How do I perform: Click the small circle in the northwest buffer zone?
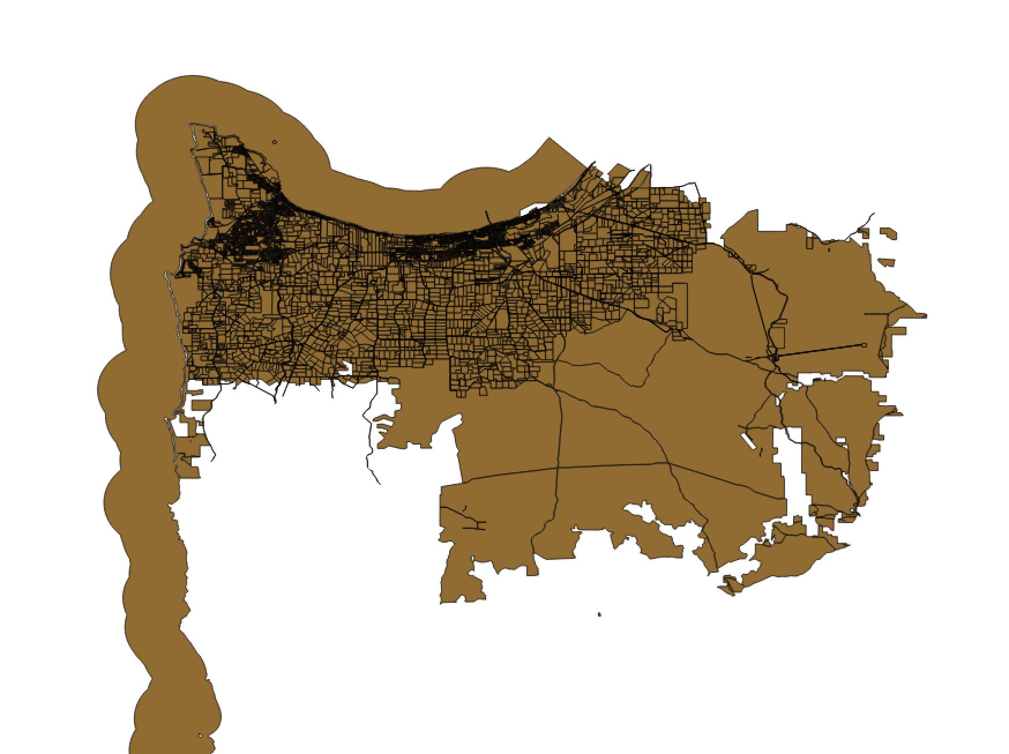pos(274,141)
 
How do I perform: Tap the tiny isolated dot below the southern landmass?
pos(600,614)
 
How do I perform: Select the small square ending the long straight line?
pos(864,345)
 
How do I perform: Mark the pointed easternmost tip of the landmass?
pos(926,315)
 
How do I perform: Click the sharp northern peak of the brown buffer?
pos(548,138)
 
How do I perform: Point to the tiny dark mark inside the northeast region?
pos(829,250)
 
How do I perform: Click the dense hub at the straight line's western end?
pos(775,359)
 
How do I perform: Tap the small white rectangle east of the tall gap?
pos(842,441)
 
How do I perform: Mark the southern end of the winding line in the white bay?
pos(379,484)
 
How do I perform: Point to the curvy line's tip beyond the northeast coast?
pos(873,214)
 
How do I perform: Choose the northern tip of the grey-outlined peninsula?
pos(192,124)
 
